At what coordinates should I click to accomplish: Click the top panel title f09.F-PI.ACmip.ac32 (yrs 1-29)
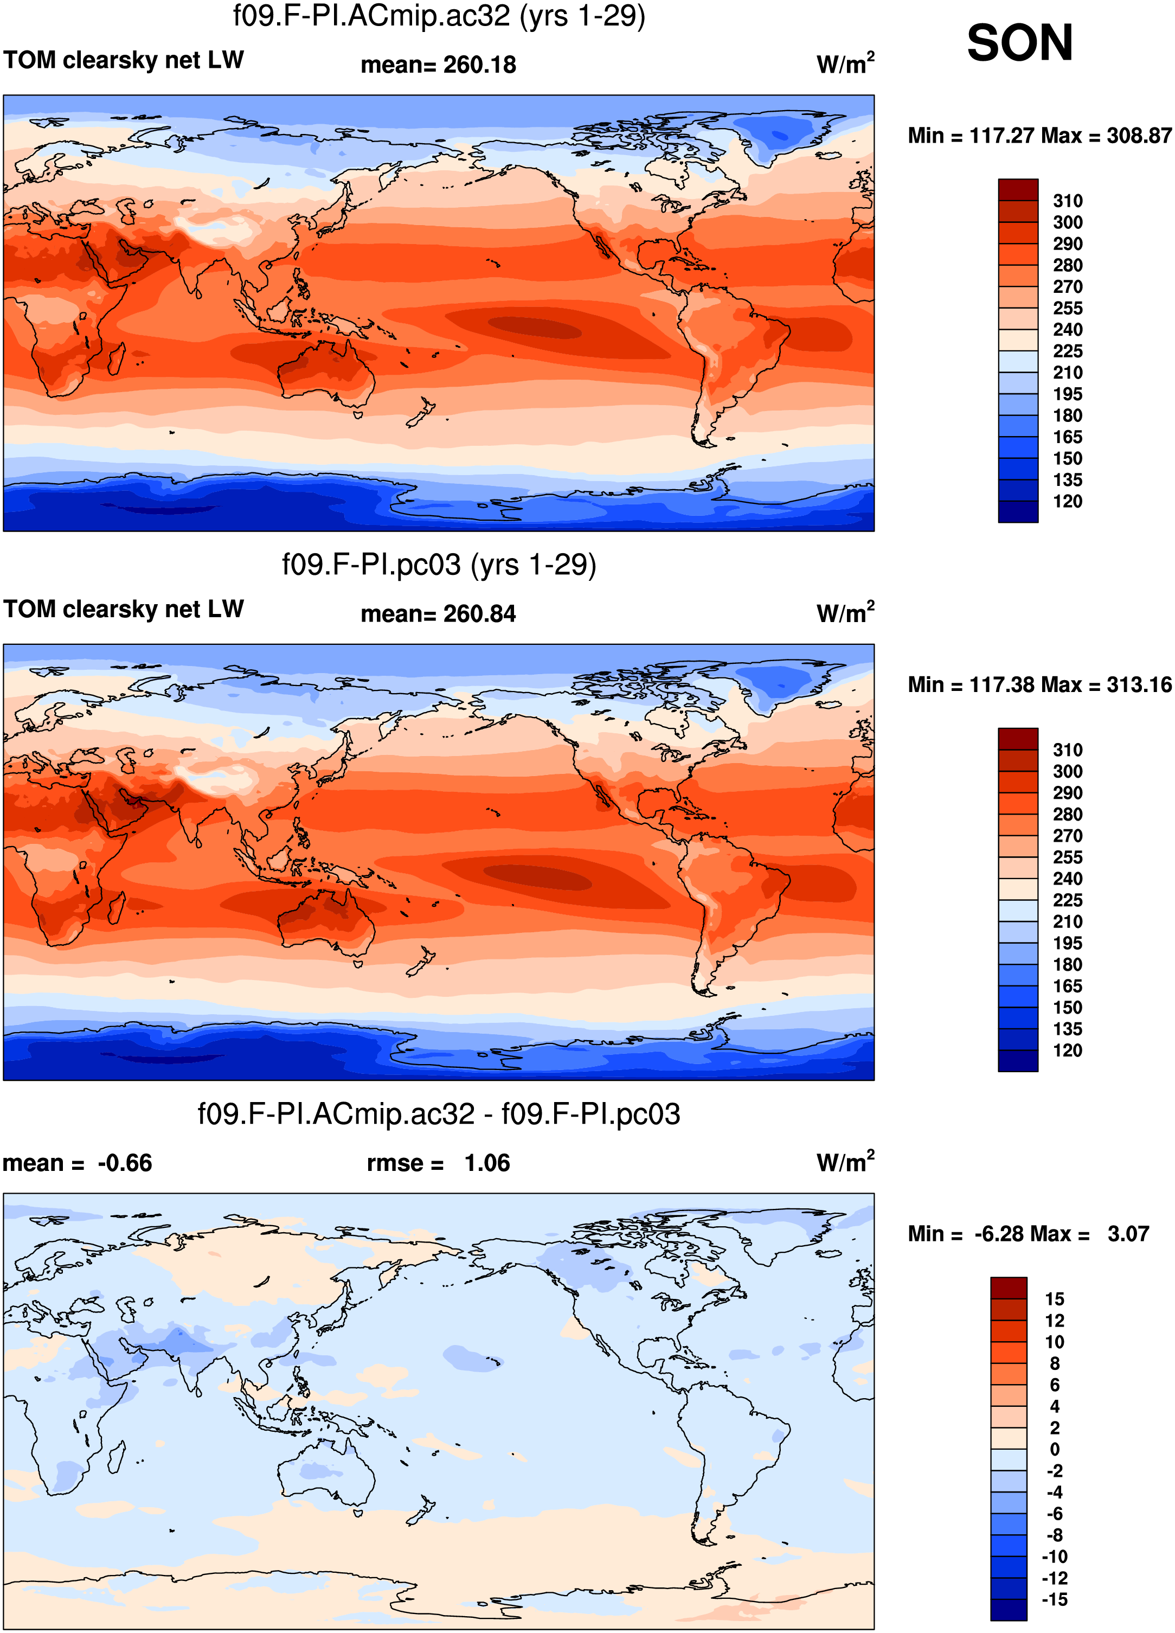click(439, 15)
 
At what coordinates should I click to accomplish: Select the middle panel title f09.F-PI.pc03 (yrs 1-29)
click(439, 565)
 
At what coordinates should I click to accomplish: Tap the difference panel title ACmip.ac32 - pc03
click(439, 1114)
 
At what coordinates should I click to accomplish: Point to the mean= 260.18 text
click(439, 65)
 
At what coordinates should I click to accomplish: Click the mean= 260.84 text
click(439, 614)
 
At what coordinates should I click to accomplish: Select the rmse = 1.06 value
click(439, 1163)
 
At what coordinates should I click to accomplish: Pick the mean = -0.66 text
click(78, 1163)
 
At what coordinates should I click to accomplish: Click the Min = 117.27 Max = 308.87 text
click(1039, 136)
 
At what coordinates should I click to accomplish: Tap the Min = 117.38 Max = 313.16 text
click(1039, 685)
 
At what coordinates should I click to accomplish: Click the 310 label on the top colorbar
click(1068, 201)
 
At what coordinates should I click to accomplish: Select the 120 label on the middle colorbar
click(1068, 1051)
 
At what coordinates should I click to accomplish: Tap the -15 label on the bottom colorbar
click(1055, 1599)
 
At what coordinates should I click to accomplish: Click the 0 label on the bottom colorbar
click(1055, 1449)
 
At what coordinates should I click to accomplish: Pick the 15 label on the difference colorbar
click(1055, 1299)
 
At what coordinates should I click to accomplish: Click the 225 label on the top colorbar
click(1068, 351)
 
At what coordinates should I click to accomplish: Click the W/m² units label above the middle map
click(845, 612)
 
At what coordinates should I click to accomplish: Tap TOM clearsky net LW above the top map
click(124, 60)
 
